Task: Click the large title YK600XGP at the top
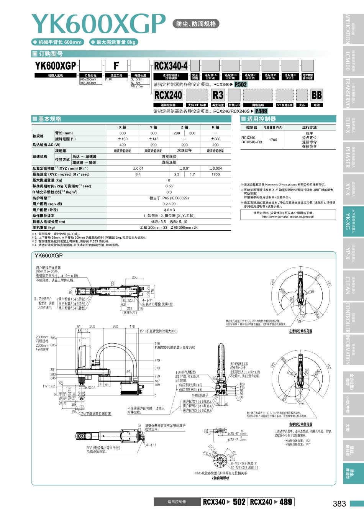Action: pos(98,24)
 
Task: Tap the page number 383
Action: pos(339,504)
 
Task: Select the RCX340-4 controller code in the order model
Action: pos(171,66)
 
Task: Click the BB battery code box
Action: pos(316,95)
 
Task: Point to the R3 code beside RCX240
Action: pos(218,95)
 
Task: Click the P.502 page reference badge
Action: pos(241,85)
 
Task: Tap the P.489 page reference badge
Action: pos(261,111)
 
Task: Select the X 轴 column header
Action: pos(122,127)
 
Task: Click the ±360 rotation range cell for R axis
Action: pos(215,139)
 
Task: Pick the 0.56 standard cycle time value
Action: pos(169,186)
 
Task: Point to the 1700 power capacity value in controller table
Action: pos(273,140)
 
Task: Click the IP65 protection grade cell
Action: pos(169,198)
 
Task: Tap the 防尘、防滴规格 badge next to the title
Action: pos(196,24)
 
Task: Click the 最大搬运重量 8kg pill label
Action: pos(114,42)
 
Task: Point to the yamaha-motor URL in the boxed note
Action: pos(288,216)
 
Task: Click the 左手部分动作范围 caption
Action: pos(300,331)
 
